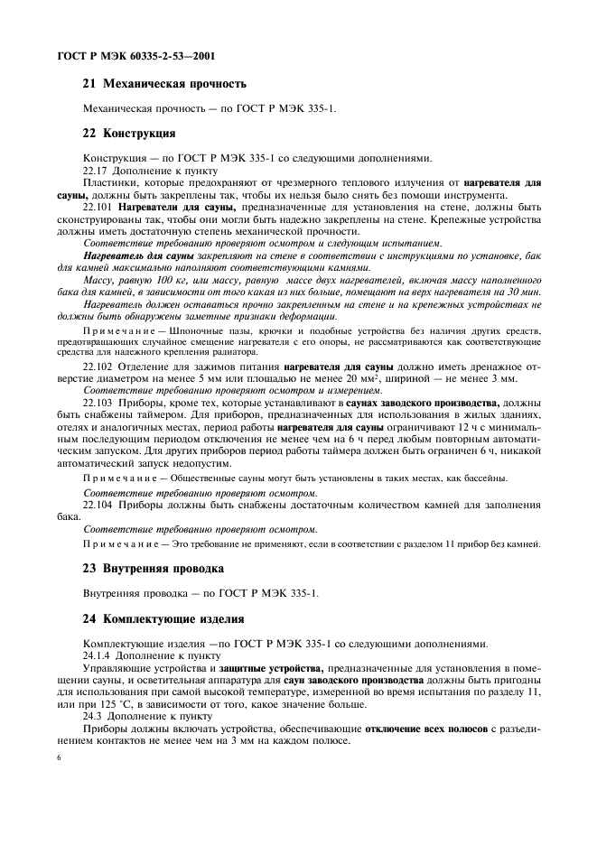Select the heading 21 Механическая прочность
tap(164, 85)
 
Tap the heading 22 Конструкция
tap(129, 133)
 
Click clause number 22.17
tap(96, 170)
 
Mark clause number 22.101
tap(98, 207)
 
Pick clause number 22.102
tap(98, 367)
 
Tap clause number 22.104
tap(98, 506)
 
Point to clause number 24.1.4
tap(97, 655)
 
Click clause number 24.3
tap(93, 714)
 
